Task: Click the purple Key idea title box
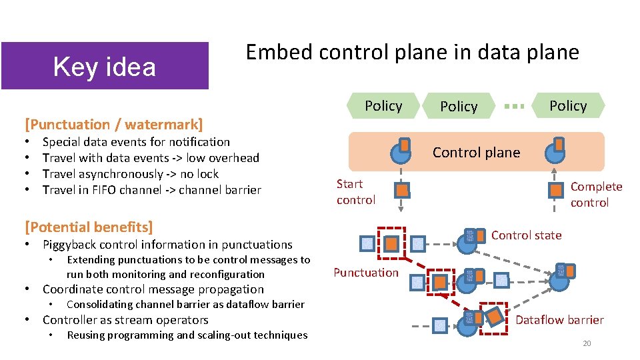coord(105,66)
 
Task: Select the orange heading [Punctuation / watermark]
coord(113,124)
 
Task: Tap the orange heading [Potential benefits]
coord(89,227)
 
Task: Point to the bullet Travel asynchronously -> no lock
coord(131,174)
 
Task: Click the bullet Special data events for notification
coord(136,142)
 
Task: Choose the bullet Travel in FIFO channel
coord(151,190)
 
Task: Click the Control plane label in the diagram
coord(476,153)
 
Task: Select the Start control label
coord(356,192)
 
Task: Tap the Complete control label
coord(595,195)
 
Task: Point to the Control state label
coord(526,235)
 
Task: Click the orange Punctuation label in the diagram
coord(365,272)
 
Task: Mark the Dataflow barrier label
coord(559,320)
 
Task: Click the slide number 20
coord(587,343)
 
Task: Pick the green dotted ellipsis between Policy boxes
coord(513,106)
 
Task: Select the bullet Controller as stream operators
coord(125,320)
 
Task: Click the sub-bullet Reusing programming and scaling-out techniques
coord(187,335)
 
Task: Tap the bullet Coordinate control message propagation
coord(153,289)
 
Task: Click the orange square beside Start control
coord(401,191)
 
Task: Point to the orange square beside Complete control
coord(555,191)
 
